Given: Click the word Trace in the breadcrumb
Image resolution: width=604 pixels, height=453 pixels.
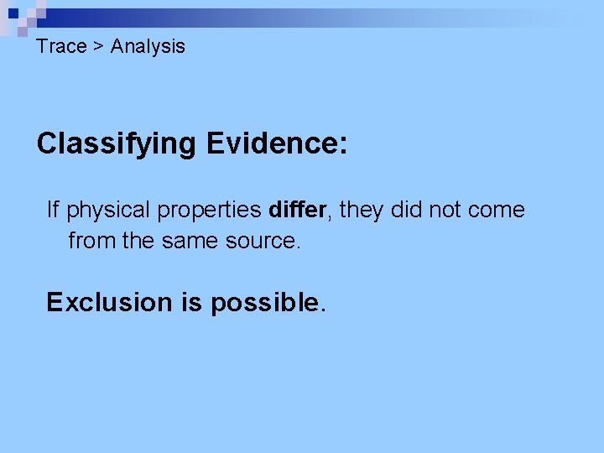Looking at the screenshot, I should tap(61, 46).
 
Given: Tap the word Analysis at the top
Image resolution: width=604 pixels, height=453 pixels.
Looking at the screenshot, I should tap(148, 46).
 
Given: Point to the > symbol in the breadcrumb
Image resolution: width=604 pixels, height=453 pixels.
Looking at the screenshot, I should tap(98, 47).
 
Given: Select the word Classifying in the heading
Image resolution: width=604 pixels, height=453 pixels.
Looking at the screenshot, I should tap(116, 144).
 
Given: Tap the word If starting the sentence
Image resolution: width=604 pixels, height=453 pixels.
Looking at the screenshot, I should tap(53, 209).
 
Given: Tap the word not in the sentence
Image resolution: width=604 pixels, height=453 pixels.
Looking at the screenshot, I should tap(445, 210).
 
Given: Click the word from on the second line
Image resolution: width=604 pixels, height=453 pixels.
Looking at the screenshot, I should tap(91, 242).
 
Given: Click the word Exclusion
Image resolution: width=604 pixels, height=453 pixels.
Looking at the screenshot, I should tap(109, 302).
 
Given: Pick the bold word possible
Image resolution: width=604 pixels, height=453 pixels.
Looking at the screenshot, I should tap(265, 303).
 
